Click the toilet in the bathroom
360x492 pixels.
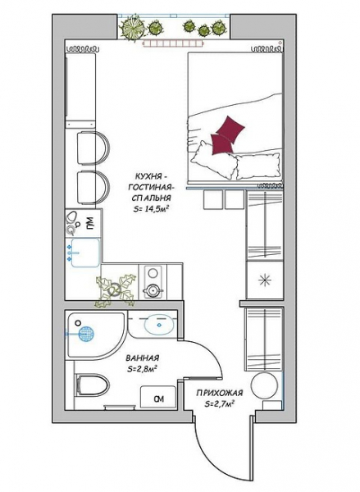93,385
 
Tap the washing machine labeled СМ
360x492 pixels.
157,397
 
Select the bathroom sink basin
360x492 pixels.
159,325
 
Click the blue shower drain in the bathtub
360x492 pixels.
86,334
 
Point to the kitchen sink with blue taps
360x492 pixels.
85,253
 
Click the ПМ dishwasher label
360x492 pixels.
89,222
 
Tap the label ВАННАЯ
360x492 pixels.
143,358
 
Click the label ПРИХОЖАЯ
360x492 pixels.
220,393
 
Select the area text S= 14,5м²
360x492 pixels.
150,208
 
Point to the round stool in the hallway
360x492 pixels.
264,385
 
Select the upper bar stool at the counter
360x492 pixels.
93,148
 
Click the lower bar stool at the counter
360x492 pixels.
93,187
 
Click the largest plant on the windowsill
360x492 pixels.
132,28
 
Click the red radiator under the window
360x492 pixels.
173,44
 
